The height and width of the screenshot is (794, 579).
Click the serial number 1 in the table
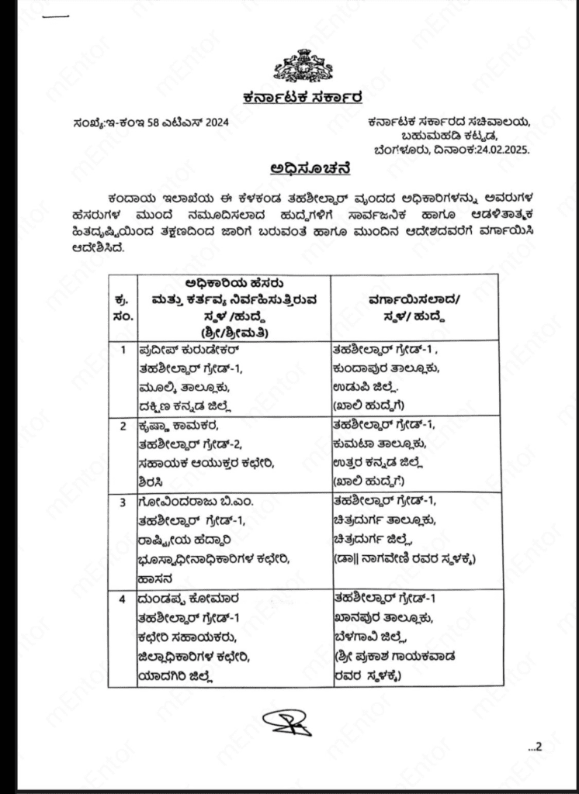(123, 350)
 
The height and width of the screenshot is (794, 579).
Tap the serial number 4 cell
(123, 601)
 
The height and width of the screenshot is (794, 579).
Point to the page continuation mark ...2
(536, 747)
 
